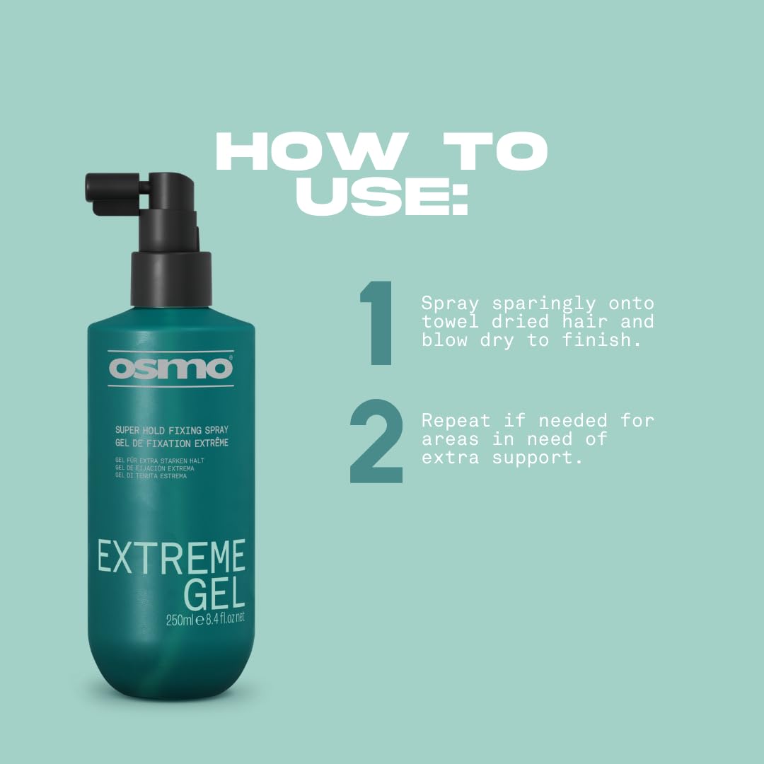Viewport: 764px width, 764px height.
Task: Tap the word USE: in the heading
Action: click(x=382, y=196)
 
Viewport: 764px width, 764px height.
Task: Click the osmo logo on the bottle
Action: click(x=170, y=369)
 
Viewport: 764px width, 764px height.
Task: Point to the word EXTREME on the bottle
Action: click(x=171, y=557)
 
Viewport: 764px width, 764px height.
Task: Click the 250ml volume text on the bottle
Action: click(x=180, y=620)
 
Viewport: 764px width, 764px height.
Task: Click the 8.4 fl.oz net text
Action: click(x=223, y=620)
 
